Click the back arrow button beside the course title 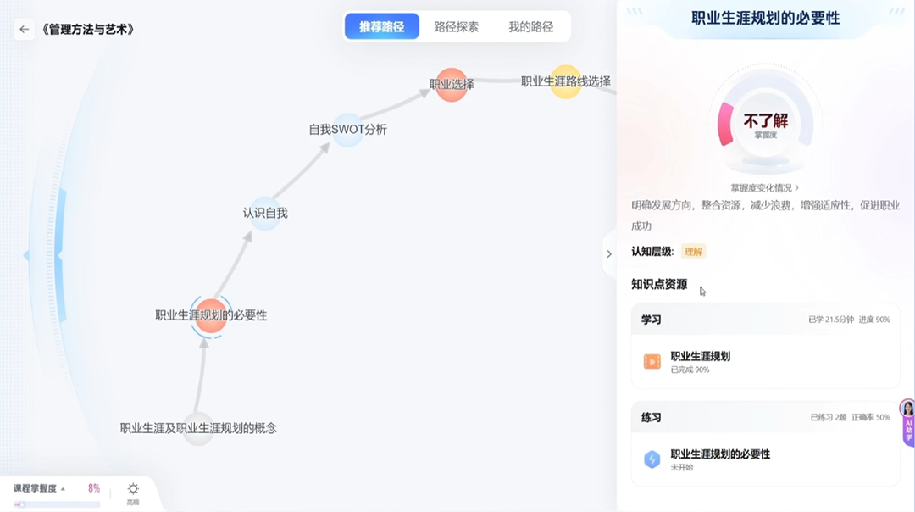pyautogui.click(x=24, y=29)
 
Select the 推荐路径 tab pyautogui.click(x=381, y=27)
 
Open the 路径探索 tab pyautogui.click(x=456, y=27)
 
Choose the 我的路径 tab pyautogui.click(x=530, y=27)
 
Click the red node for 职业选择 pyautogui.click(x=452, y=84)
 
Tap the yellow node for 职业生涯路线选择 pyautogui.click(x=566, y=81)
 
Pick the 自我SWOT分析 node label pyautogui.click(x=347, y=130)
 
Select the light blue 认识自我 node pyautogui.click(x=265, y=213)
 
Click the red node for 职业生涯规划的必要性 pyautogui.click(x=211, y=315)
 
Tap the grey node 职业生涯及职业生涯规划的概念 pyautogui.click(x=198, y=428)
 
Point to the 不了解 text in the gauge pyautogui.click(x=765, y=121)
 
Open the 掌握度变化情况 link pyautogui.click(x=764, y=187)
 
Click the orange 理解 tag pyautogui.click(x=693, y=252)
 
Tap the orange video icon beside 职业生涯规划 pyautogui.click(x=652, y=362)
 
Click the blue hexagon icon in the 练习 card pyautogui.click(x=652, y=459)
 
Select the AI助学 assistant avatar pyautogui.click(x=907, y=409)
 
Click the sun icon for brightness pyautogui.click(x=133, y=489)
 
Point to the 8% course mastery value pyautogui.click(x=94, y=489)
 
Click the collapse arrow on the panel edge pyautogui.click(x=608, y=254)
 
